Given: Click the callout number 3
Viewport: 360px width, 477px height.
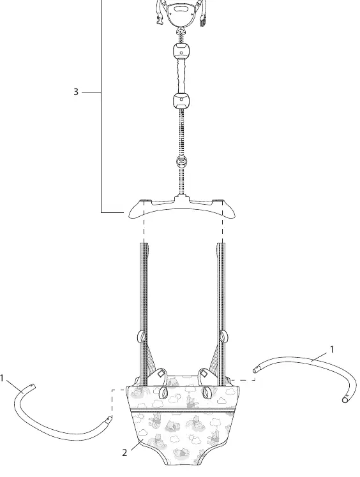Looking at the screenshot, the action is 76,92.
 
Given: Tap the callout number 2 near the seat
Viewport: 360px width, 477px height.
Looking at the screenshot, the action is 124,453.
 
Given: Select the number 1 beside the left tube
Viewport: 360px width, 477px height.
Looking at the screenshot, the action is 2,378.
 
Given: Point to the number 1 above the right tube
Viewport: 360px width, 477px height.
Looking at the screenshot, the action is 332,349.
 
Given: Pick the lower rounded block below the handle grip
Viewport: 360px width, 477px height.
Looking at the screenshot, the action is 181,101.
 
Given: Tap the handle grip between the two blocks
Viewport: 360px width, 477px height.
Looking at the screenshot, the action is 181,76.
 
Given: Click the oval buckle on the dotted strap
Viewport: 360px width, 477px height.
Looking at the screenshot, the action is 181,161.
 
